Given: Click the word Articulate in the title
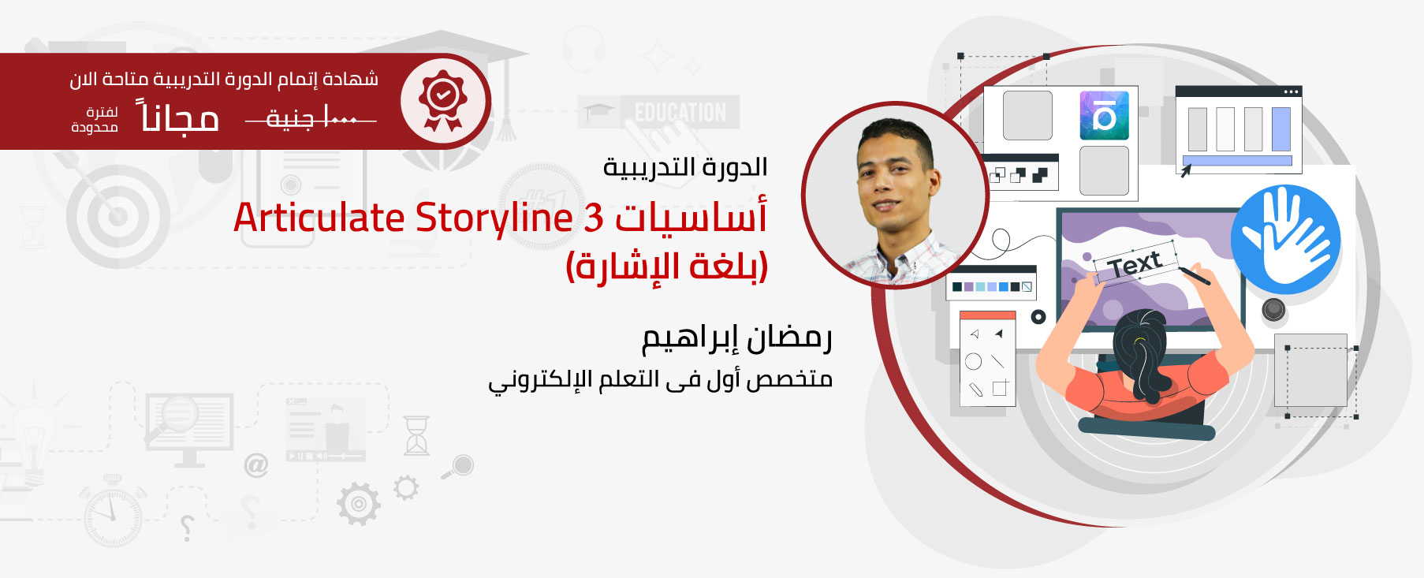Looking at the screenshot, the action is tap(319, 218).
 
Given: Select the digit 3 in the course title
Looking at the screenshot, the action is tap(593, 218).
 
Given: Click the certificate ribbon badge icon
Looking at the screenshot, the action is tap(443, 100).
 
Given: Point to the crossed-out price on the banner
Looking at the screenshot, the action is tap(311, 119).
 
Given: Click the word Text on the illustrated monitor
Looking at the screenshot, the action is tap(1135, 263).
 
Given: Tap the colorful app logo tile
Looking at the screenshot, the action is tap(1104, 115).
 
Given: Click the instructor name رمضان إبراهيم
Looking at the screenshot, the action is tap(736, 338).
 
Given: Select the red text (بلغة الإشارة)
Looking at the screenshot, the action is tap(667, 267).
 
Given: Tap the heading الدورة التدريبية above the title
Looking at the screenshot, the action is tap(685, 167).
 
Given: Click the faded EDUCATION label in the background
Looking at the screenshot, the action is tap(680, 113).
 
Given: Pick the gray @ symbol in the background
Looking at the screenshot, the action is tap(256, 465).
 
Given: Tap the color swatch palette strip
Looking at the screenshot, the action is tap(992, 286).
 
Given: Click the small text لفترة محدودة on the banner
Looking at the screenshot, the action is tap(95, 120).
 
